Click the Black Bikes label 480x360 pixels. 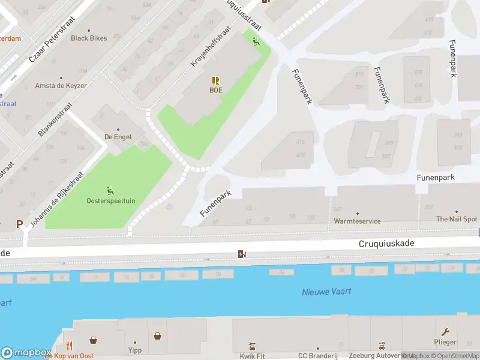point(89,38)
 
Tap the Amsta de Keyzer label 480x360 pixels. point(61,86)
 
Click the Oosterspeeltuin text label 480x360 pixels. point(110,200)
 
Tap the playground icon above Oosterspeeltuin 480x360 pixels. point(110,190)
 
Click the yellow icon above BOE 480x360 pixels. point(215,80)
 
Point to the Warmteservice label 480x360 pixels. point(357,221)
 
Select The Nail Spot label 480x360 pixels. point(457,219)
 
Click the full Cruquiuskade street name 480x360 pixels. point(386,244)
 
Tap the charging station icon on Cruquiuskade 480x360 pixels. point(242,254)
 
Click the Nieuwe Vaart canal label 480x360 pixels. point(326,292)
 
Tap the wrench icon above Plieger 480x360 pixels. point(445,332)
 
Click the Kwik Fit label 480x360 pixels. point(252,356)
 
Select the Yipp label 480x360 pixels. point(134,350)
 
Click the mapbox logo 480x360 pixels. point(26,352)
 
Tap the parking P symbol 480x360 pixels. point(19,224)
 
